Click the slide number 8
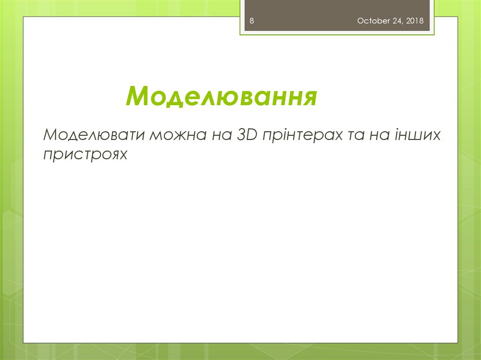(252, 21)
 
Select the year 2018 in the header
(415, 21)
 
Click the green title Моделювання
(221, 96)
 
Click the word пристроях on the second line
(85, 154)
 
